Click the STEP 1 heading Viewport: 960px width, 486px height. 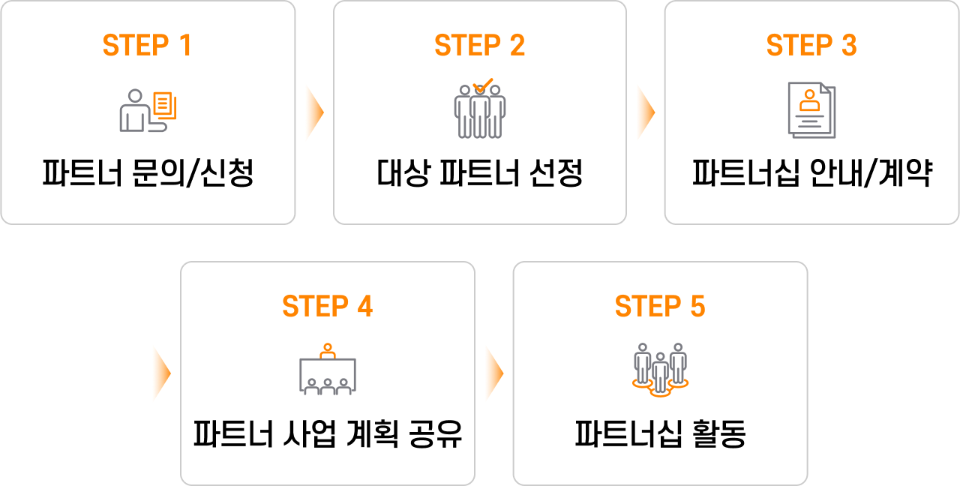point(147,46)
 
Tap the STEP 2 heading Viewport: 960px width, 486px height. point(479,46)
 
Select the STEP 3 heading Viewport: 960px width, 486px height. point(811,46)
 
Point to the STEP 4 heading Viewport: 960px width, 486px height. point(327,307)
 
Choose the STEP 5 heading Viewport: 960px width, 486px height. point(660,307)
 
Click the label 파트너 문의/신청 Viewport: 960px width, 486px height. point(148,175)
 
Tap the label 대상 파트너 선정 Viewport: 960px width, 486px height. point(479,175)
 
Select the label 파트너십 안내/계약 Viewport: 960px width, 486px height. point(811,175)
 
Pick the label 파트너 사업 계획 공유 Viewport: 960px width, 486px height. point(327,435)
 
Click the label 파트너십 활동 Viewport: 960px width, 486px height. point(660,435)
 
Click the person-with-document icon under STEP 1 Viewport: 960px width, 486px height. point(148,111)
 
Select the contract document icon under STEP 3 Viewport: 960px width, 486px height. point(811,110)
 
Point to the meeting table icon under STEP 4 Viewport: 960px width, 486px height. point(327,370)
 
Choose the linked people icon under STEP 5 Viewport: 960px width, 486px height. point(660,369)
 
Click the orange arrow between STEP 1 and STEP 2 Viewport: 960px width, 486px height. point(313,112)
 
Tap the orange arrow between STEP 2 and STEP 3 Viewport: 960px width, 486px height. point(645,112)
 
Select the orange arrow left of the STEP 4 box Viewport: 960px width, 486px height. point(160,373)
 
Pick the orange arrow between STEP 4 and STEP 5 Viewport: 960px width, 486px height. point(493,373)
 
